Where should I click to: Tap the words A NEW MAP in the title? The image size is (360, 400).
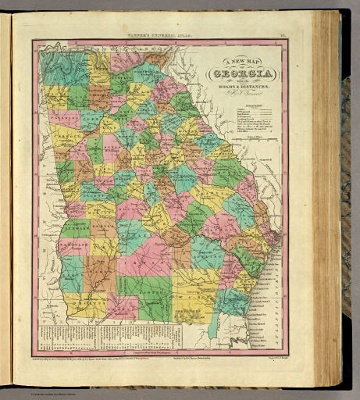236,65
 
